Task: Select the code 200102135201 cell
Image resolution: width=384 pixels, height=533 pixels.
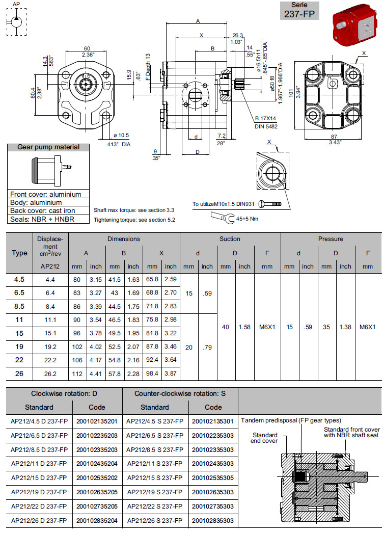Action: [x=97, y=421]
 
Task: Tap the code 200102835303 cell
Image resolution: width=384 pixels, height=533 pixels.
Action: [x=213, y=520]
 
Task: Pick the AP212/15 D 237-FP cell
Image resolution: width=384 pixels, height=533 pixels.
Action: [x=40, y=478]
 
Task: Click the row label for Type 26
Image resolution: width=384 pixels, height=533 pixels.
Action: [x=19, y=373]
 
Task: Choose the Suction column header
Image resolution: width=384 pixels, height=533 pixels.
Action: [x=230, y=238]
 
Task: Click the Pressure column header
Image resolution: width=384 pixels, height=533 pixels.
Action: [x=331, y=238]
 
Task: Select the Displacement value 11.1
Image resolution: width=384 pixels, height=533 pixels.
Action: [x=50, y=320]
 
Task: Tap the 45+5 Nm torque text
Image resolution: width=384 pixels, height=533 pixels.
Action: [x=248, y=219]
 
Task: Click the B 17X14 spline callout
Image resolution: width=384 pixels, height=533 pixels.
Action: [x=265, y=118]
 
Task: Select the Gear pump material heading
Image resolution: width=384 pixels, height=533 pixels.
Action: [x=48, y=147]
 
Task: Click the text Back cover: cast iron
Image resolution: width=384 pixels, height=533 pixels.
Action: [x=43, y=211]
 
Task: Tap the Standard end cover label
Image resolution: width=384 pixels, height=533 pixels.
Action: [x=265, y=438]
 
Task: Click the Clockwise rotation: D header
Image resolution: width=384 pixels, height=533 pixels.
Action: [x=64, y=393]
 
